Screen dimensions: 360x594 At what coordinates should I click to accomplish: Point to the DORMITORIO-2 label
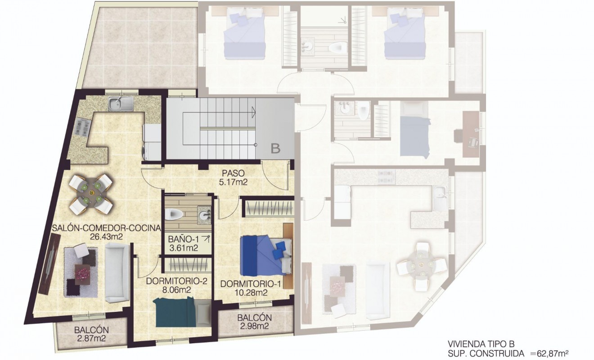coord(176,282)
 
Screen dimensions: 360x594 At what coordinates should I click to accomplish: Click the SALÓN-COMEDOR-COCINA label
coord(106,228)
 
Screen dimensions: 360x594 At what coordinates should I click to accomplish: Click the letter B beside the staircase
coord(275,148)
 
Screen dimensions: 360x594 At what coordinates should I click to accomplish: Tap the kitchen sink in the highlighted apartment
coord(120,104)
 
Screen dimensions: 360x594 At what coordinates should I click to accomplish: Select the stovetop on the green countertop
coord(82,128)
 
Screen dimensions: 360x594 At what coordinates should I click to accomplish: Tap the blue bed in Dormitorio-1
coord(263,255)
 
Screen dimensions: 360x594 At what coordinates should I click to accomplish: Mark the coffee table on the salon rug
coord(83,273)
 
